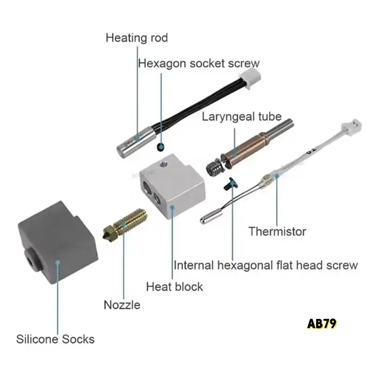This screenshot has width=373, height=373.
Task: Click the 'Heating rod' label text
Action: [x=136, y=37]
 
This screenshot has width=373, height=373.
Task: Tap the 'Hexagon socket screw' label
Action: [x=199, y=63]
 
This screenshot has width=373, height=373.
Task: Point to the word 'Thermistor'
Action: [x=277, y=231]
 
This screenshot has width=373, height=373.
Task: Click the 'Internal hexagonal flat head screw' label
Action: [x=265, y=265]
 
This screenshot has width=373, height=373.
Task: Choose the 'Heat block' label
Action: [x=174, y=286]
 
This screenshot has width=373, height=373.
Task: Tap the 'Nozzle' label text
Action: [x=122, y=305]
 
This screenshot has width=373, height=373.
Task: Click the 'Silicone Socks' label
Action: [x=55, y=339]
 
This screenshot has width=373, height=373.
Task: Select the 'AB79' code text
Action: [x=322, y=324]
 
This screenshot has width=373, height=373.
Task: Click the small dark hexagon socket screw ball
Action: [x=160, y=147]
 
